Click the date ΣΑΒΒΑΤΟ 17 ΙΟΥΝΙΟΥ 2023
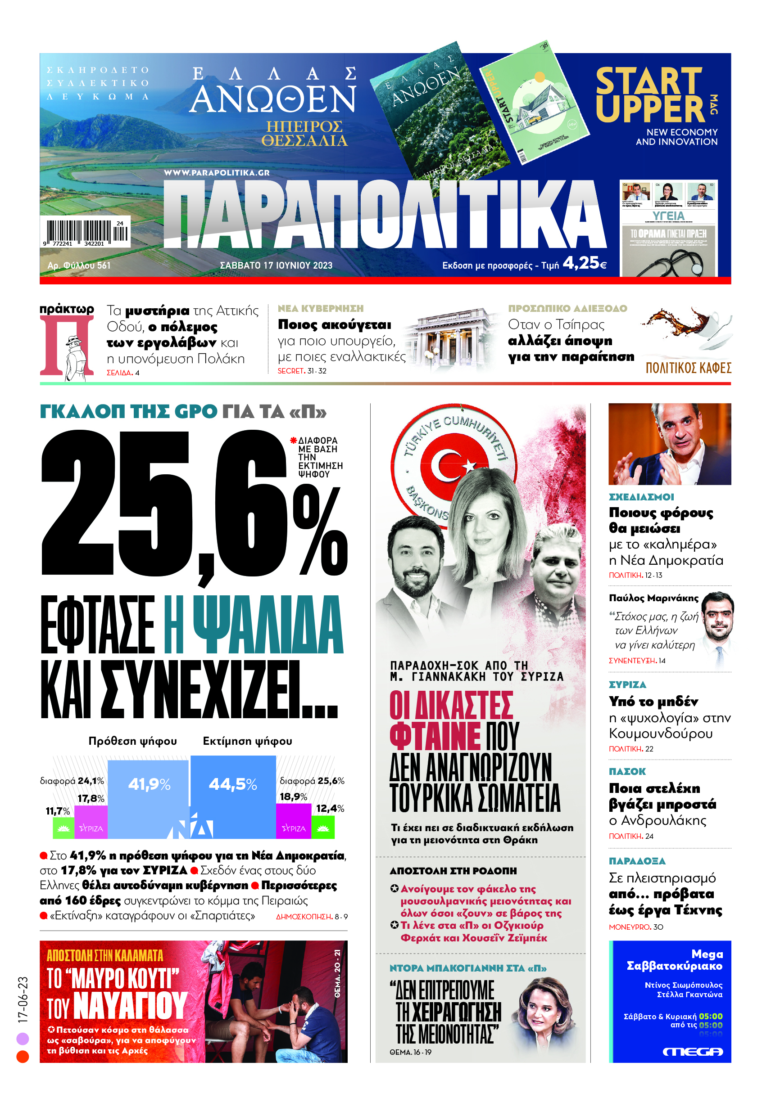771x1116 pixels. (x=276, y=265)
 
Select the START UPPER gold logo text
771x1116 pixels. (x=650, y=95)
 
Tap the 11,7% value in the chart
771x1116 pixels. (x=58, y=811)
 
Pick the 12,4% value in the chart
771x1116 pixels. (x=330, y=808)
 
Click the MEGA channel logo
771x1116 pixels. (x=692, y=1052)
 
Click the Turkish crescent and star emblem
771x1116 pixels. (x=453, y=466)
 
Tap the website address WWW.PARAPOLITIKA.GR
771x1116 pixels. (x=217, y=173)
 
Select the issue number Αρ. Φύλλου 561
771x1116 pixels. (x=79, y=265)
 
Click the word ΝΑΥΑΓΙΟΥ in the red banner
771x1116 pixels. (x=130, y=1006)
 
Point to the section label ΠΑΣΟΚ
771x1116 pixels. (x=627, y=771)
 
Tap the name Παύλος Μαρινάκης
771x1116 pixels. (x=653, y=598)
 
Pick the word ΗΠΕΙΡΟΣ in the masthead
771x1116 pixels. (x=304, y=127)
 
